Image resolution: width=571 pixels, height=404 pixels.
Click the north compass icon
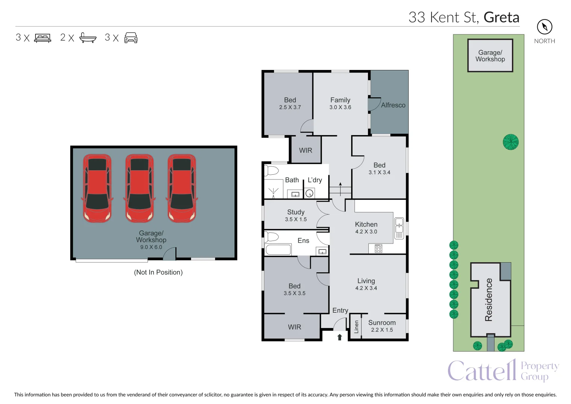544,27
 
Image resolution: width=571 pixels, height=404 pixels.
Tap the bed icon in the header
43,38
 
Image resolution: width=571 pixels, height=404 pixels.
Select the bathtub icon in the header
88,38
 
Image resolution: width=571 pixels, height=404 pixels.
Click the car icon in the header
131,38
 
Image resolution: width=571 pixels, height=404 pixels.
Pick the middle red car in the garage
139,188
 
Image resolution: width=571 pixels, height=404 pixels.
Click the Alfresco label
393,105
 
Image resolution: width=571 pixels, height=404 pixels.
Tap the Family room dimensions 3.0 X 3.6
340,107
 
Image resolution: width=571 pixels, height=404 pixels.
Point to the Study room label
296,212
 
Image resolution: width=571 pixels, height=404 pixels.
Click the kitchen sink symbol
399,228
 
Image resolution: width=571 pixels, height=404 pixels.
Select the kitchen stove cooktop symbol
378,248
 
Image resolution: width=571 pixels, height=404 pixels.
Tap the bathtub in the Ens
278,250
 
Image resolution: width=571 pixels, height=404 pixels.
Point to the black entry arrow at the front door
340,337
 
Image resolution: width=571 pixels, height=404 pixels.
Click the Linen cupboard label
356,327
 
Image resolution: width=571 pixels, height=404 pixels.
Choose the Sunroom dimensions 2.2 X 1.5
382,330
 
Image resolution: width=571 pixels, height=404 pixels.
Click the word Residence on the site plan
488,300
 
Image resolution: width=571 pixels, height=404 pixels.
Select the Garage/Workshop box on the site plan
490,56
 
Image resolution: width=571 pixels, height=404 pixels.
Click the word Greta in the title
501,17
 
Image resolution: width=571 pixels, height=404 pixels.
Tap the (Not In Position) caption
158,272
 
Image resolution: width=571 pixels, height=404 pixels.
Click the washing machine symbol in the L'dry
309,193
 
